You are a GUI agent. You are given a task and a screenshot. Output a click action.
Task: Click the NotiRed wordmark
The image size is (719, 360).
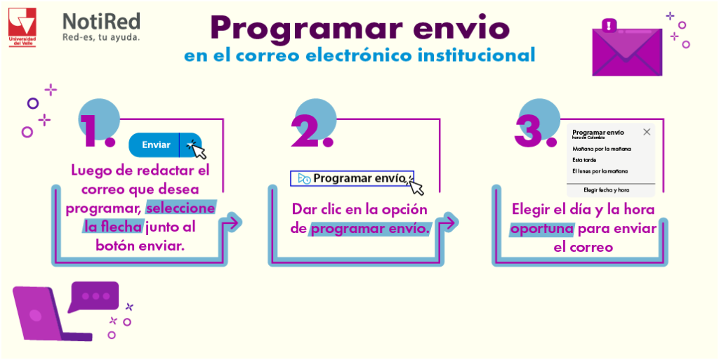tap(101, 22)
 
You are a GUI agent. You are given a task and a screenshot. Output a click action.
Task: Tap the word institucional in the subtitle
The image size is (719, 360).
tap(468, 54)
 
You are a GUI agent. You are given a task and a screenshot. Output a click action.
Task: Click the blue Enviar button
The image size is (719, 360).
tap(157, 145)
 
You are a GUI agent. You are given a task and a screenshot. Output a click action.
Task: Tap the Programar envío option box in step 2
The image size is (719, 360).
tap(352, 178)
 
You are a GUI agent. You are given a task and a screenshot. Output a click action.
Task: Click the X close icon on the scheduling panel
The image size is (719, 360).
tap(647, 131)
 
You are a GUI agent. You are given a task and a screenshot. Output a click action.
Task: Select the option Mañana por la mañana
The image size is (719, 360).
tap(602, 149)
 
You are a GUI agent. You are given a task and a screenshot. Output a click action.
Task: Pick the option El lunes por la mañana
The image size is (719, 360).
tap(605, 171)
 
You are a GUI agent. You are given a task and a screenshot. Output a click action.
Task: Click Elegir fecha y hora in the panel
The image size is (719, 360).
tap(606, 189)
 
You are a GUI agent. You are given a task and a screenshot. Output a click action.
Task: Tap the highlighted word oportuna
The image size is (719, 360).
tap(542, 229)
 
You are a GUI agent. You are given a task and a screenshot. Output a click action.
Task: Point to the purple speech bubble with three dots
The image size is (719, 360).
tap(94, 296)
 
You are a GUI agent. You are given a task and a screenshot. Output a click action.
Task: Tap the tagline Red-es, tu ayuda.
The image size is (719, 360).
tap(101, 36)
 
